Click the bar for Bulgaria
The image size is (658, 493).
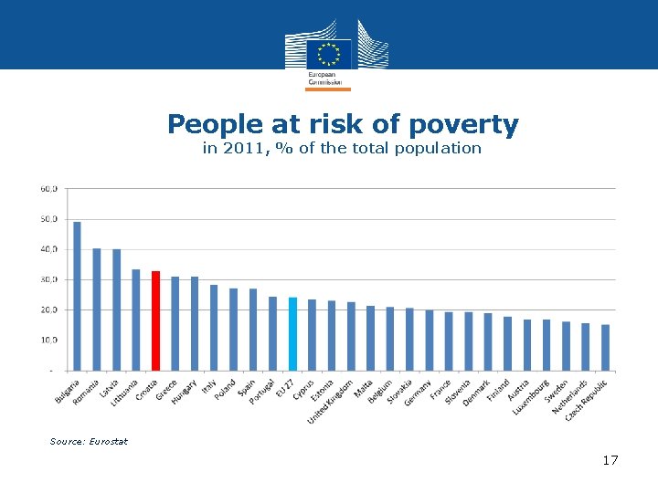[x=77, y=297]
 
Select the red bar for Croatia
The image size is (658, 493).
[x=155, y=320]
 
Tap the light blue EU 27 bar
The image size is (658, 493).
[x=292, y=334]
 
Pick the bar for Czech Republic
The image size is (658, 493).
[x=605, y=348]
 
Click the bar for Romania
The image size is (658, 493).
[x=97, y=309]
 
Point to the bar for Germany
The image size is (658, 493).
[x=430, y=341]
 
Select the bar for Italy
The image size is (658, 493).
[x=214, y=328]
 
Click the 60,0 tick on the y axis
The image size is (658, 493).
[x=48, y=189]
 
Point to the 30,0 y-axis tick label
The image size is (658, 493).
[x=48, y=279]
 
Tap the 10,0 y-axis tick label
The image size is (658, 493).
[x=48, y=340]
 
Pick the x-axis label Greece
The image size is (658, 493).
[x=165, y=391]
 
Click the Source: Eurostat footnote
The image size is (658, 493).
[x=89, y=442]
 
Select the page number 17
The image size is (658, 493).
[x=610, y=460]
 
